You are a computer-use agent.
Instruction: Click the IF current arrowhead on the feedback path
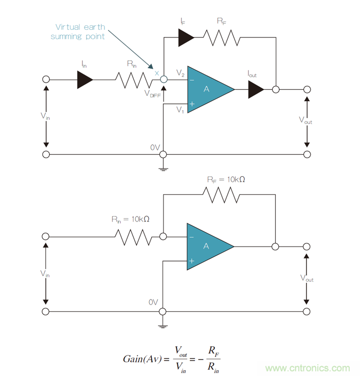pos(186,36)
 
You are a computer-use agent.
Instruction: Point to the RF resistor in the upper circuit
pos(221,36)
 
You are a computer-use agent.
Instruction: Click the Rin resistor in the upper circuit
pos(133,80)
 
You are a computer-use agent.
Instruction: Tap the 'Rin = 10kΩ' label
pos(131,219)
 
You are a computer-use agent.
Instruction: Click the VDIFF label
pos(153,94)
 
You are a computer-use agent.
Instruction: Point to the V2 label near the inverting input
pos(180,73)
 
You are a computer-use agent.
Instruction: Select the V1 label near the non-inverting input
pos(180,109)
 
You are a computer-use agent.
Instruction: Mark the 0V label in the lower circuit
pos(153,303)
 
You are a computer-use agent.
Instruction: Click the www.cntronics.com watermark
pos(308,368)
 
